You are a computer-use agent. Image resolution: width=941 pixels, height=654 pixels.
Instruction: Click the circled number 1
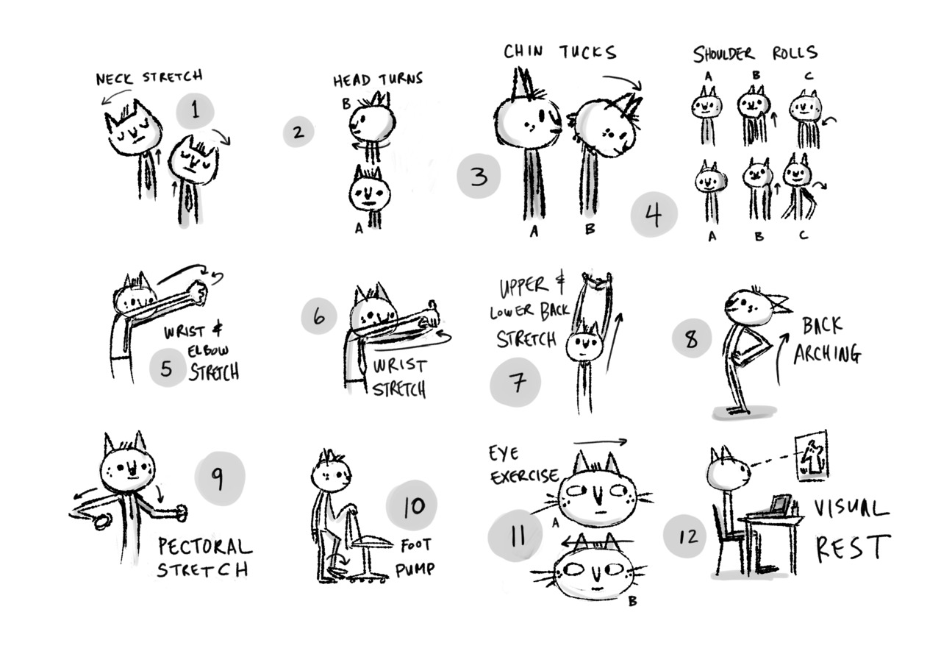pos(196,110)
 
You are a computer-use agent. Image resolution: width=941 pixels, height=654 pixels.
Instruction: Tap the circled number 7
pos(515,382)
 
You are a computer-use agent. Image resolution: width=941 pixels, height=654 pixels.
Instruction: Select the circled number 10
pos(412,505)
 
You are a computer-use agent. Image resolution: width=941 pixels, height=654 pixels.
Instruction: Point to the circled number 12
pos(684,536)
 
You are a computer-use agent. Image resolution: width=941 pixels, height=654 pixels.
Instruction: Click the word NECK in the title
pos(114,78)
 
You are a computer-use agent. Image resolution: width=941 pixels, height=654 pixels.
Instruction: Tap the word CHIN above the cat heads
pos(523,51)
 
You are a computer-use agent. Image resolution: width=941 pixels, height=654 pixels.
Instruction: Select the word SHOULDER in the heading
pos(724,54)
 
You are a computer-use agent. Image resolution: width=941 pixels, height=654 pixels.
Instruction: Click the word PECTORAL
pos(205,547)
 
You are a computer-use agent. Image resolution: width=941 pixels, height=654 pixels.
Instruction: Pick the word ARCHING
pos(827,355)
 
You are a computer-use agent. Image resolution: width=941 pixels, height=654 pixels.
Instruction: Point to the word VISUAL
pos(851,509)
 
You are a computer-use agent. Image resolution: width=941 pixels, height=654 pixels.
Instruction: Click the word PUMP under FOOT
pos(415,569)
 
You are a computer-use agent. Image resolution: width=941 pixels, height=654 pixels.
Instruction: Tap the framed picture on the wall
pos(812,455)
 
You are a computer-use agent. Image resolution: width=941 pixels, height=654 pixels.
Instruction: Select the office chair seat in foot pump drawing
pos(372,542)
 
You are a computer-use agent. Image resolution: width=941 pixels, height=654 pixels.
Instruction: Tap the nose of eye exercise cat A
pos(598,495)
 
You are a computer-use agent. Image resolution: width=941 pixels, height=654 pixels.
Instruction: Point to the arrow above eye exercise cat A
pos(601,442)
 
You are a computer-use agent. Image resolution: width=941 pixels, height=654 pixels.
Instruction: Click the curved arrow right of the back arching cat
pos(780,358)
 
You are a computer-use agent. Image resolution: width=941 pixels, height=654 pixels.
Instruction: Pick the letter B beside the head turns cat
pos(346,104)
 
